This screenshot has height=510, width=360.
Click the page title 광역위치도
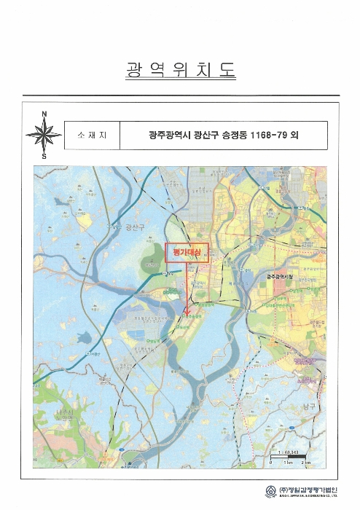(181, 71)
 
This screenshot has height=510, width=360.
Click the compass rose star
(44, 134)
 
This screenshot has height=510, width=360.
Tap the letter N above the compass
(44, 113)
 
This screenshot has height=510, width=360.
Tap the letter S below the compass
(44, 156)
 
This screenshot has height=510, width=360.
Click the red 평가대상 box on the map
(187, 251)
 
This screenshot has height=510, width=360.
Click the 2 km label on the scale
(307, 464)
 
